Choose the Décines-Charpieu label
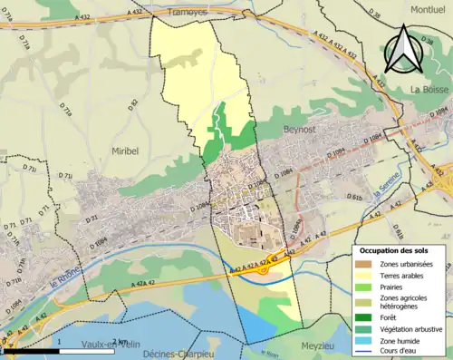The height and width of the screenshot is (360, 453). [178, 354]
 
